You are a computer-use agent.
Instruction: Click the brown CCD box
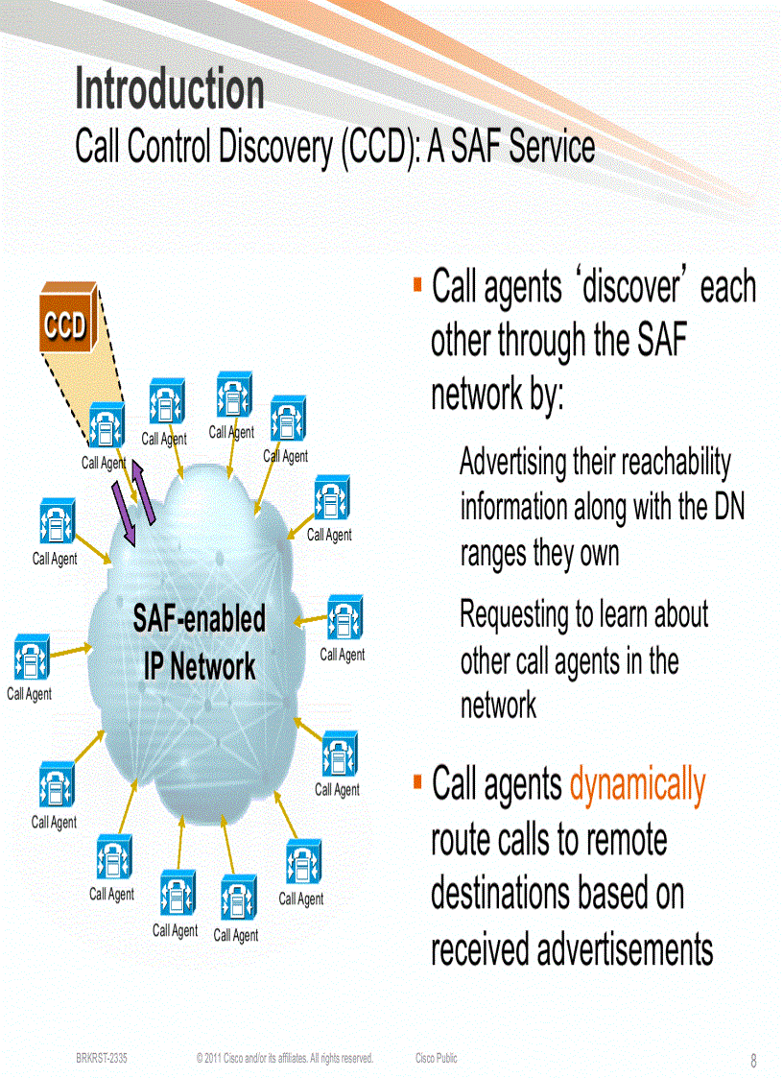point(65,325)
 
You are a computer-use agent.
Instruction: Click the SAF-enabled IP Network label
point(200,642)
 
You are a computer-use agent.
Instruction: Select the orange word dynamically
point(637,785)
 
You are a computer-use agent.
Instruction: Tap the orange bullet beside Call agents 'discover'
point(418,284)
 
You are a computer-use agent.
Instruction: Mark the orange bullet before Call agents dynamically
point(418,781)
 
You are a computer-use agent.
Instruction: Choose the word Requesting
point(516,614)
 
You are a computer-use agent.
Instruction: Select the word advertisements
point(625,949)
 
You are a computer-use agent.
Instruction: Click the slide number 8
point(753,1061)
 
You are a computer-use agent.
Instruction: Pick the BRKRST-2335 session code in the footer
point(102,1058)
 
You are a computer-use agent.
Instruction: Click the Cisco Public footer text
point(437,1058)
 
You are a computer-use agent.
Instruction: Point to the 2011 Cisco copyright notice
point(284,1058)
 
